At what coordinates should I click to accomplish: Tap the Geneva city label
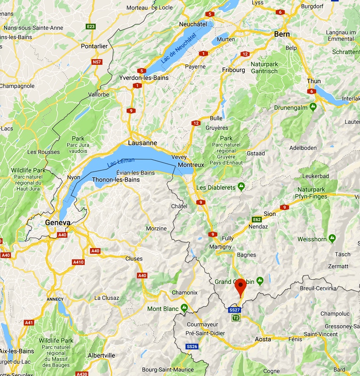(x=57, y=222)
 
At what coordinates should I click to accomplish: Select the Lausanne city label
(x=143, y=142)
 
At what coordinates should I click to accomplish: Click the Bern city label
(x=282, y=34)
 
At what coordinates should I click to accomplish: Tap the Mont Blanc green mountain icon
(x=184, y=308)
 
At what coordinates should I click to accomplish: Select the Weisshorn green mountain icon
(x=332, y=239)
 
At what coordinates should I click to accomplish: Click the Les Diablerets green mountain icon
(x=241, y=187)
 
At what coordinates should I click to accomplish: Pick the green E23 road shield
(x=91, y=26)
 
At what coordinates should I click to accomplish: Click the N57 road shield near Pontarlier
(x=97, y=62)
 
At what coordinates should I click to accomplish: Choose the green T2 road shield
(x=236, y=318)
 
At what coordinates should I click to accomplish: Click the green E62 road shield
(x=257, y=219)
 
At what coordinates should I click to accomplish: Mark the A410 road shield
(x=78, y=262)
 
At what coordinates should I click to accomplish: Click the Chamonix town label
(x=184, y=292)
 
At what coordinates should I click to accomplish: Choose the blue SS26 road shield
(x=192, y=347)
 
